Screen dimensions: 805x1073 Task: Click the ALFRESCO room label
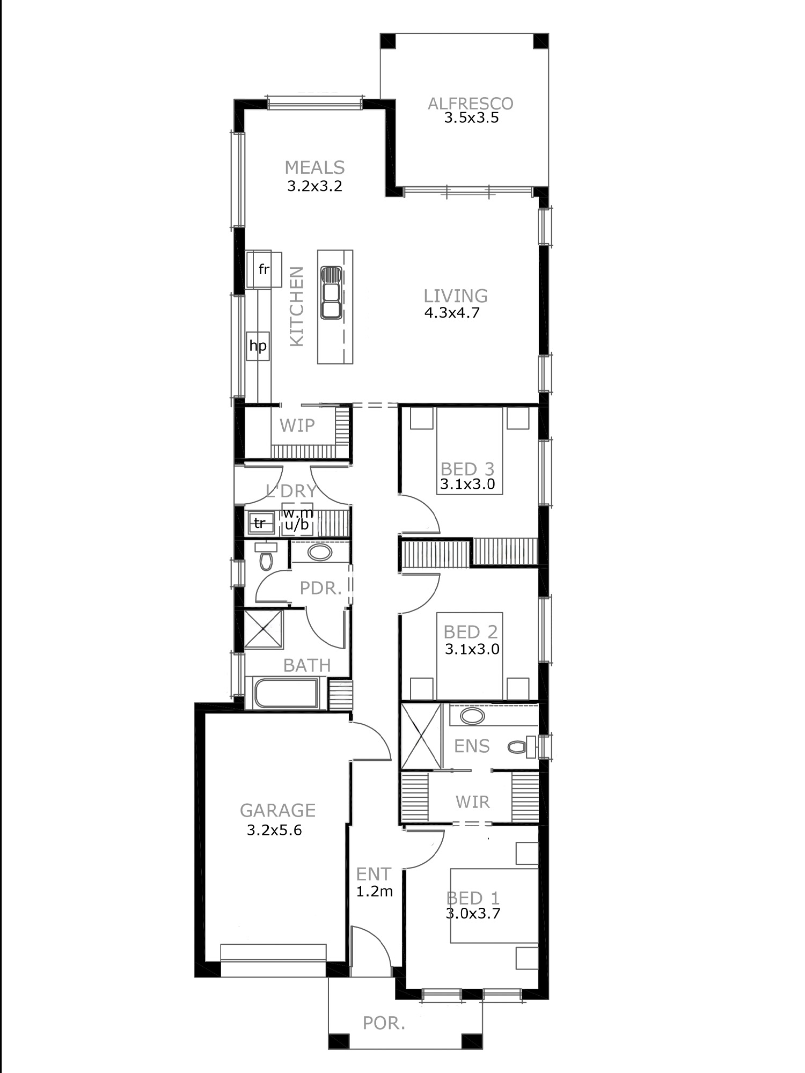click(470, 104)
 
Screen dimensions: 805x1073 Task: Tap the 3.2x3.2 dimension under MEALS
click(314, 186)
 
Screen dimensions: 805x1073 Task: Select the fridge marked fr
click(264, 270)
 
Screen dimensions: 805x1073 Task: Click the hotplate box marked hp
click(258, 346)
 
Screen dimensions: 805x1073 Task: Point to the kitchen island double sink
click(331, 293)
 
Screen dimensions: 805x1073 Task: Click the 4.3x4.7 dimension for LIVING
click(452, 312)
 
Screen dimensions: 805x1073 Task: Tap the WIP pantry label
click(297, 425)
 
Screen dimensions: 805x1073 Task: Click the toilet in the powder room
click(266, 557)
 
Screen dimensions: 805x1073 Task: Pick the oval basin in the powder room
click(320, 552)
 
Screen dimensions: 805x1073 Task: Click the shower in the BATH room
click(264, 629)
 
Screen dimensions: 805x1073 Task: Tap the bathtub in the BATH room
click(286, 694)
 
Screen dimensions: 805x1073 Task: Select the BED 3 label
click(467, 469)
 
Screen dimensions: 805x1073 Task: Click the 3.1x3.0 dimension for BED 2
click(472, 649)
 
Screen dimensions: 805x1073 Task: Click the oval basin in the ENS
click(472, 716)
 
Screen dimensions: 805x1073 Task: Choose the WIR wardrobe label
click(472, 802)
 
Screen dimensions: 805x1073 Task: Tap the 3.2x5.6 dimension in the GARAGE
click(274, 831)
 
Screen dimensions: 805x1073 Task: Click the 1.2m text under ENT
click(375, 892)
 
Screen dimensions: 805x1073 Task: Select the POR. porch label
click(384, 1024)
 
